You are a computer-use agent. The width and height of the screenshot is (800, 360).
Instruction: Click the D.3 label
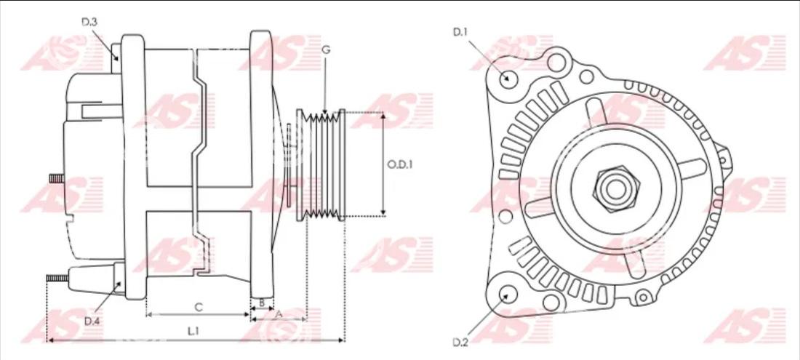(x=89, y=22)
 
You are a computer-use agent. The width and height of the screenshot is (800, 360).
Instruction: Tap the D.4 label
(x=92, y=321)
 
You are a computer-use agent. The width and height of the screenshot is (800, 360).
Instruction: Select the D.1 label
(x=460, y=32)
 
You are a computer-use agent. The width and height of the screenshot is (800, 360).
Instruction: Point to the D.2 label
(x=460, y=342)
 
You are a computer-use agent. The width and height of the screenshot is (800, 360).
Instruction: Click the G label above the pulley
(x=326, y=49)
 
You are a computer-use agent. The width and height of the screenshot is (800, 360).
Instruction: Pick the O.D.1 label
(x=399, y=164)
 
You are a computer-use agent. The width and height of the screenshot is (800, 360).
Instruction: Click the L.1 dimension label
(x=193, y=332)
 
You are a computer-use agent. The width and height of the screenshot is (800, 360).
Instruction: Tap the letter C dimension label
(x=199, y=307)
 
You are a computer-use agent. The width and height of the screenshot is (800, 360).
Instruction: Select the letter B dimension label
(x=262, y=303)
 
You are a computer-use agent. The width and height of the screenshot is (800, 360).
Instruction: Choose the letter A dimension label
(x=279, y=315)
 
